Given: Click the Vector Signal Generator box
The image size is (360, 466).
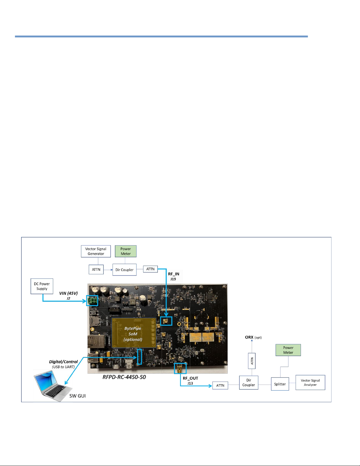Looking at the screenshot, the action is coord(96,251).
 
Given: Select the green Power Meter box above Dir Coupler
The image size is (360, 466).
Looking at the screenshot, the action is coord(125,251).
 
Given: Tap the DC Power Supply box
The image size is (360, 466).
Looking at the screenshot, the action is coord(42,286).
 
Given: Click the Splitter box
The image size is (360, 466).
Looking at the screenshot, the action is coord(280,384).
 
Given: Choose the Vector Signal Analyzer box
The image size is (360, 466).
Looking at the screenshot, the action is coord(310,383).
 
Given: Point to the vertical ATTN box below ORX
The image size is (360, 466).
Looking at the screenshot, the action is coord(252,361).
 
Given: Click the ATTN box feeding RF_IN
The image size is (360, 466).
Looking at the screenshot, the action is coord(150,269).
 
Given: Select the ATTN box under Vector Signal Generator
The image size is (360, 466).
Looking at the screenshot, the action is coord(96,270).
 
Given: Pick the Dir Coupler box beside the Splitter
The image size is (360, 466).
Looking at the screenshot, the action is coord(249,383).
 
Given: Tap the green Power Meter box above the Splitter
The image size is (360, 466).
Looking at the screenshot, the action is coord(288,350).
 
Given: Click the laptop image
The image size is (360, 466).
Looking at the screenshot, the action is coord(53,385).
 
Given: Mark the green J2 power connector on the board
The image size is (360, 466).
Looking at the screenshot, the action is coord(92,300).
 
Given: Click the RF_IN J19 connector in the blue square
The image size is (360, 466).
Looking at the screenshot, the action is coord(166,321).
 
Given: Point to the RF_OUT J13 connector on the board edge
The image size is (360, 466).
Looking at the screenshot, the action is coord(180,368).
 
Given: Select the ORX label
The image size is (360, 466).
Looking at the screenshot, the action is coord(249,337).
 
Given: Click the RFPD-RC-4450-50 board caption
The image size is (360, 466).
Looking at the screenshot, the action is coord(124,377).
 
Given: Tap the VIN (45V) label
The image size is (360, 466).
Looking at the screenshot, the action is coord(68,293).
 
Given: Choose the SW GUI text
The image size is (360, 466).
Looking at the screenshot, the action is coord(78,396).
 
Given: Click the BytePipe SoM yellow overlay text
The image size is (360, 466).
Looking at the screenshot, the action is coord(133,334).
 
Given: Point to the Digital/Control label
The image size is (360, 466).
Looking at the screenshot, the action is coord(63,362).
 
